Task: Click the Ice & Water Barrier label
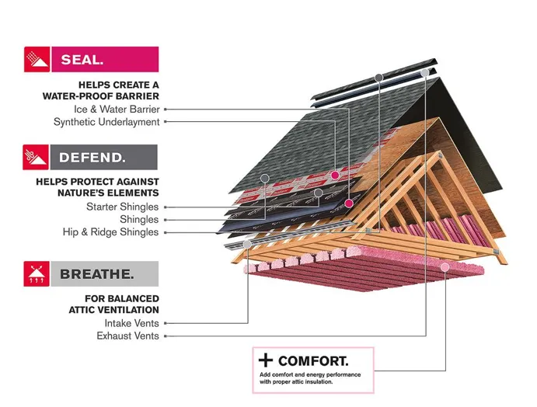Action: [x=117, y=110]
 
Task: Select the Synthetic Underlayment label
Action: [x=106, y=122]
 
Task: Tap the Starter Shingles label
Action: [x=122, y=207]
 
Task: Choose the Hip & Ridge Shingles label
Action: [x=110, y=231]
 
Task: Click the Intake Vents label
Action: [x=131, y=323]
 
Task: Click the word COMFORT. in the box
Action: [x=313, y=361]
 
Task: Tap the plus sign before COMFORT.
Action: [x=266, y=361]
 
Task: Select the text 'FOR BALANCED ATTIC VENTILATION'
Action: [x=122, y=304]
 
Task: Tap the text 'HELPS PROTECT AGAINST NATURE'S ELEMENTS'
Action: [x=97, y=186]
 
